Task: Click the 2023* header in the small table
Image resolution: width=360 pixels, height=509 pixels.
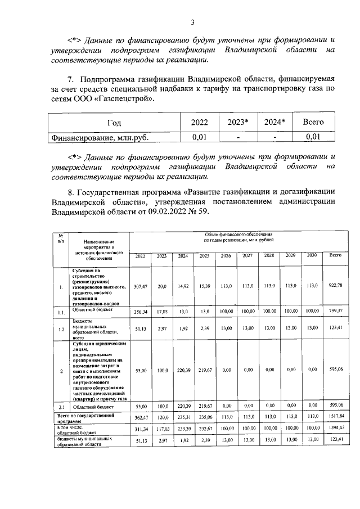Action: coord(238,122)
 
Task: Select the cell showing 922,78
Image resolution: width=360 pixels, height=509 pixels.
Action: coord(335,286)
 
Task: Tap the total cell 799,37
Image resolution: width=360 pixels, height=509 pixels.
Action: coord(335,310)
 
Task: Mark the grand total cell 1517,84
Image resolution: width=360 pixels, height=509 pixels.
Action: coord(335,418)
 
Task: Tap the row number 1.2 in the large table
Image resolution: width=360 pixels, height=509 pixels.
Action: coord(60,328)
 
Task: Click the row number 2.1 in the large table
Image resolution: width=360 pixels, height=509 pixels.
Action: coord(60,406)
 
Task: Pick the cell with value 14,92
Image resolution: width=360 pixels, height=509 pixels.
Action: coord(183,286)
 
